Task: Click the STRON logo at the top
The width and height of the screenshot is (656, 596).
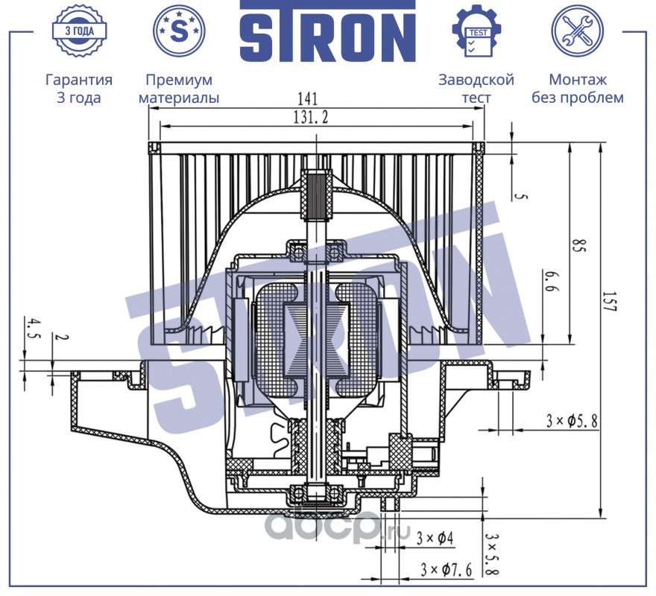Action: coord(327,32)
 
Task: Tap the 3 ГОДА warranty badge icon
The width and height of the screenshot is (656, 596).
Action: coord(78,31)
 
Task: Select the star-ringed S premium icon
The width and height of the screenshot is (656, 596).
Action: coord(178,31)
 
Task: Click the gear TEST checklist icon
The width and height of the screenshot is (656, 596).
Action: coord(476,31)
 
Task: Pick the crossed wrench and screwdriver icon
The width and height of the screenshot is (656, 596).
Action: coord(576,31)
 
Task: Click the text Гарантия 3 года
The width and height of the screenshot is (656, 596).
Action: coord(79,89)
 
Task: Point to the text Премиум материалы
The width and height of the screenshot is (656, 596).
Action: coord(179,89)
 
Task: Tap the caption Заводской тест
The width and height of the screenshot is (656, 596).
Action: coord(476,89)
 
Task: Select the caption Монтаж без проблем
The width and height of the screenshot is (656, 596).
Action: coord(578,89)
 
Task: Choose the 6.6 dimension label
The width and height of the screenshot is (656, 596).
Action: coord(551,283)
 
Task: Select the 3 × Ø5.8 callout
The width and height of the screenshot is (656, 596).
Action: coord(572,421)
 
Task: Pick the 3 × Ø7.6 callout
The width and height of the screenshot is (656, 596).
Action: coord(447,570)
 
